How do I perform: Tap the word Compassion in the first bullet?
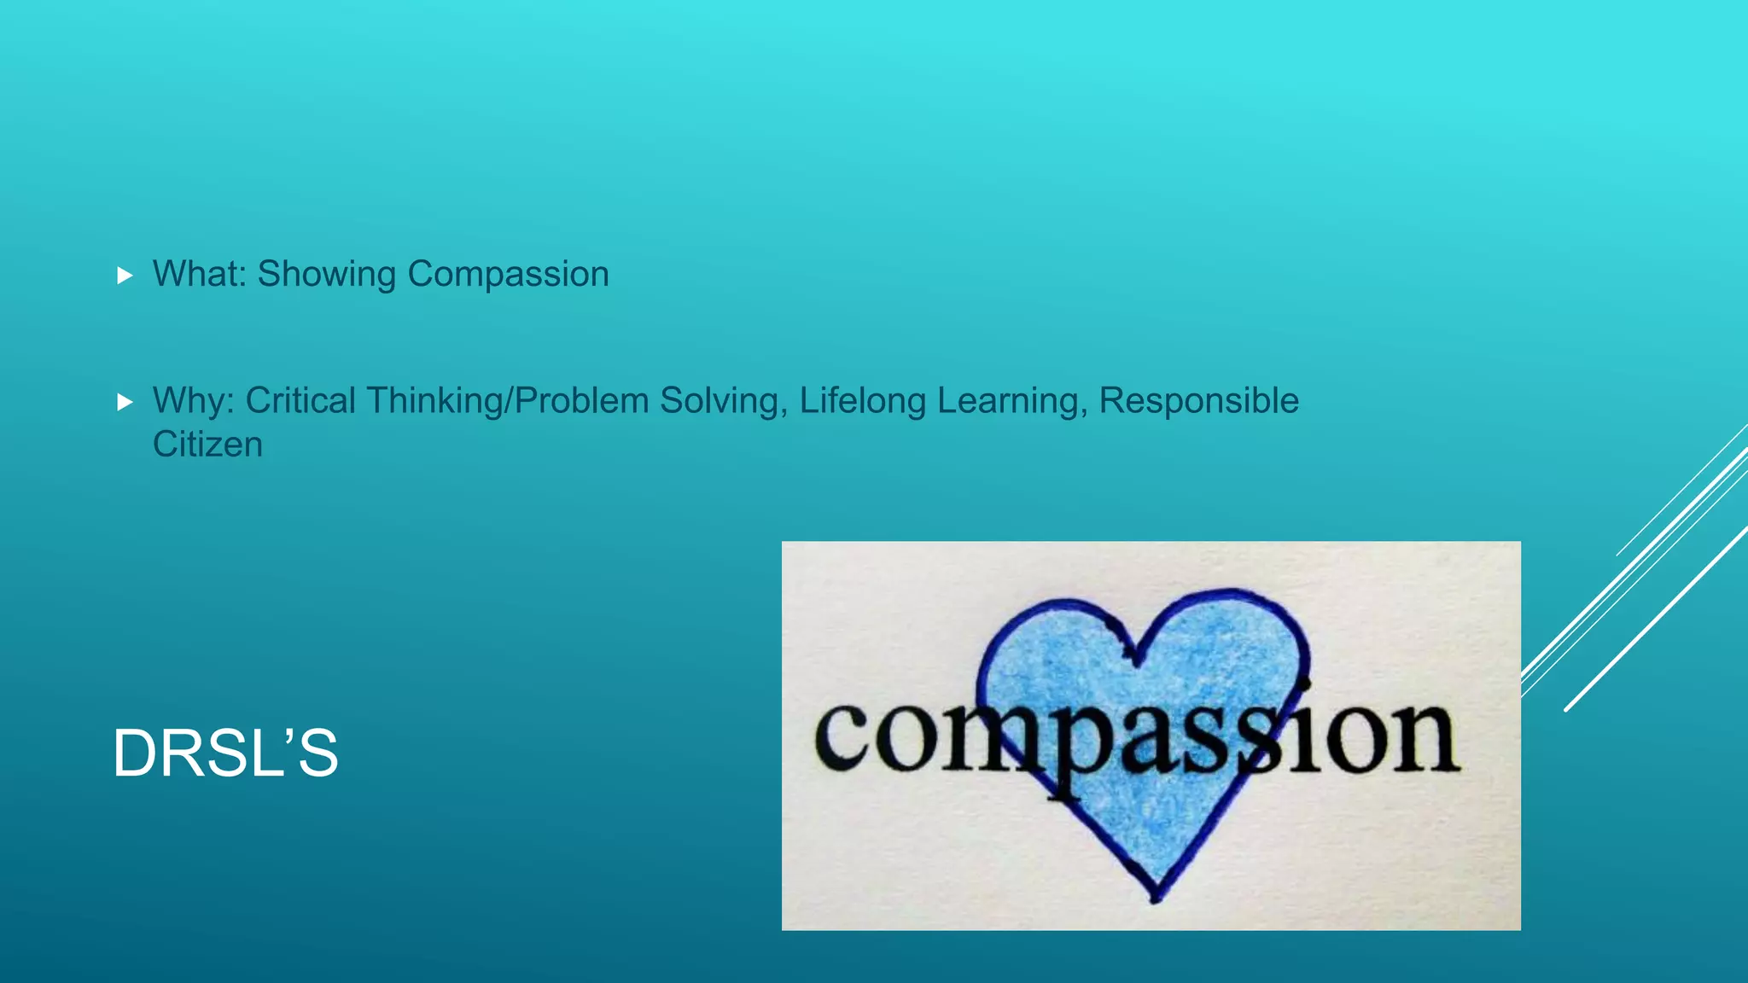coord(508,274)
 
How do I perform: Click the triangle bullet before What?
coord(125,276)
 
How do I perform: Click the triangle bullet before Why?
coord(125,402)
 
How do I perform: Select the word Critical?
coord(300,401)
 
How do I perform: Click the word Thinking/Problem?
coord(508,401)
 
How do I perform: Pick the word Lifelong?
coord(862,401)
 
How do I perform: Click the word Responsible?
coord(1198,401)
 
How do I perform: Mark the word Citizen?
coord(207,445)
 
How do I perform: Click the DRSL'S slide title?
coord(225,753)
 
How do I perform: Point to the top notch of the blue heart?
coord(1135,659)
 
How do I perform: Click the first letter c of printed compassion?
coord(842,737)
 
